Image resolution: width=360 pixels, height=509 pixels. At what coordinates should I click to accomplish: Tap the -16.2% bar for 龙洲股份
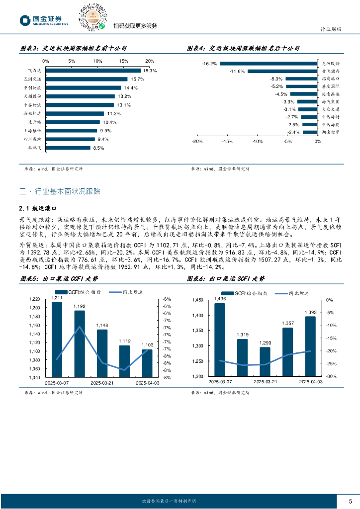268,64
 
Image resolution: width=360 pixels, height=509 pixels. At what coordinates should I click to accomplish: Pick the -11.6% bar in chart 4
282,71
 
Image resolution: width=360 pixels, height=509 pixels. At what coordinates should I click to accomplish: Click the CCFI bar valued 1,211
57,339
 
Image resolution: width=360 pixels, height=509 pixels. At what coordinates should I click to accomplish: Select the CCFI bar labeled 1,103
147,363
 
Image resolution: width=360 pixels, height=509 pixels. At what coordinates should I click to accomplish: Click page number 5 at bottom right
350,501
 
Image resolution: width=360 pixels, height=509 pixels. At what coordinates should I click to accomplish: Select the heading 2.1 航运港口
39,209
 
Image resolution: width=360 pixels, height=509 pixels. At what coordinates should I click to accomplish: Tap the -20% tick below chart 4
196,141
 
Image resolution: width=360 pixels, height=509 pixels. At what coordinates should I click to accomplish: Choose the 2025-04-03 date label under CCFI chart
148,383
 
